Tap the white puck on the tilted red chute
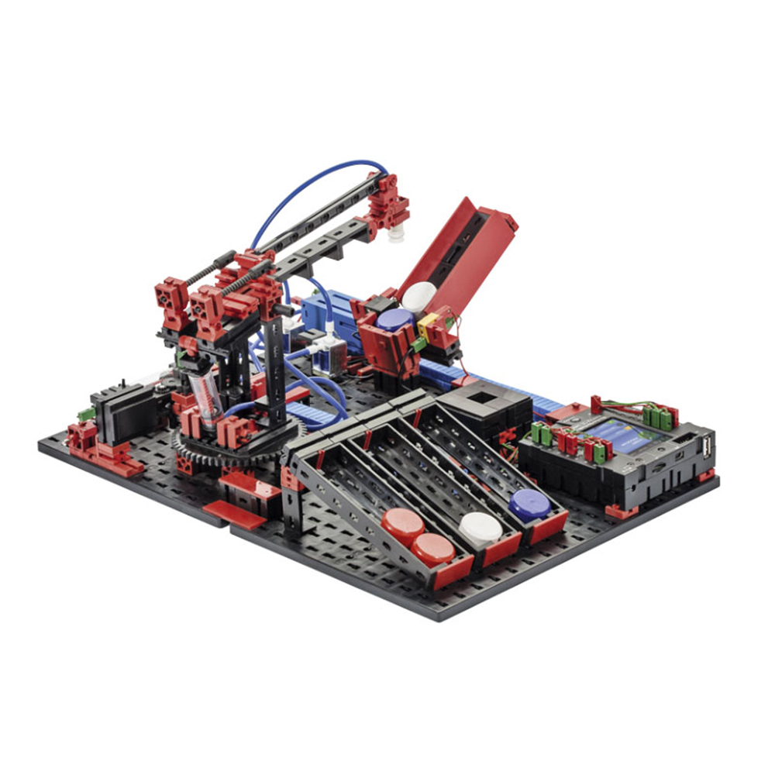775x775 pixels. (419, 296)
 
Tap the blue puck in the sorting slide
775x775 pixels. (530, 505)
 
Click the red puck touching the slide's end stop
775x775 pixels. (433, 548)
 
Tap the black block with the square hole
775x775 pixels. (484, 403)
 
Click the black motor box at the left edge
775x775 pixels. (118, 415)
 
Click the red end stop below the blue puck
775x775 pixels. (547, 529)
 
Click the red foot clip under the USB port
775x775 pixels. (705, 475)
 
